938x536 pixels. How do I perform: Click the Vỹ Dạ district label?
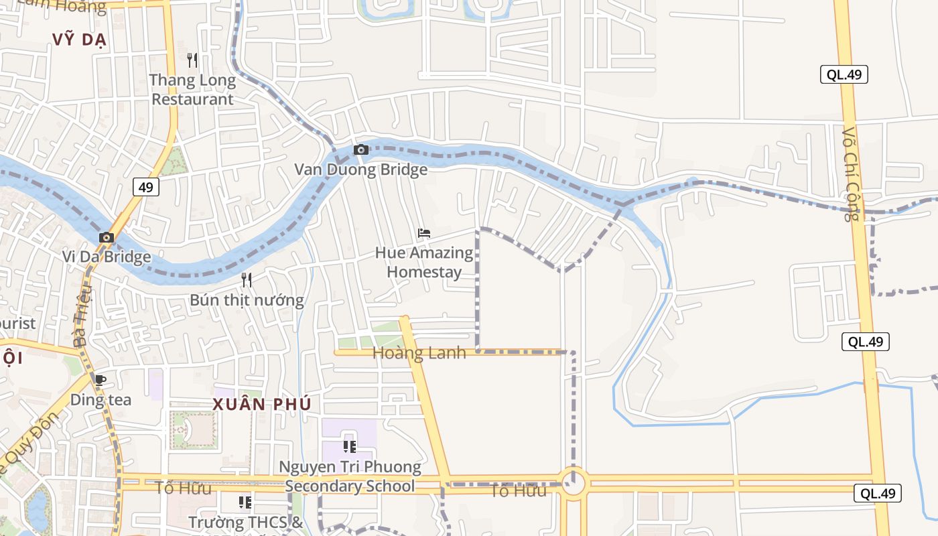pos(80,40)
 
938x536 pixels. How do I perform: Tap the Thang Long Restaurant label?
pos(192,90)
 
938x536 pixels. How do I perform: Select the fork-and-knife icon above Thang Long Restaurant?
pos(192,60)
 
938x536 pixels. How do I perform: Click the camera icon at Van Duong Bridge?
pos(361,149)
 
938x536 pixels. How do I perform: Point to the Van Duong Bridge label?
pos(361,170)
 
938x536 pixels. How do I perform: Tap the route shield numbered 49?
pos(145,187)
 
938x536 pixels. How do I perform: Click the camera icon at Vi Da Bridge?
pos(107,237)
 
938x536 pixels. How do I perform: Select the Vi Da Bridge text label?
pos(107,257)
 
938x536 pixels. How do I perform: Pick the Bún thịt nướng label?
pos(247,299)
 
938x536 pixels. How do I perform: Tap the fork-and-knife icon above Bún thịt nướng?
pos(247,279)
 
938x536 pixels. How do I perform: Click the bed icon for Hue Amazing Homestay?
pos(423,234)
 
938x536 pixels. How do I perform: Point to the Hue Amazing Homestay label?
pos(424,263)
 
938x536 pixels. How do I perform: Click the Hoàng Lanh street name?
pos(419,353)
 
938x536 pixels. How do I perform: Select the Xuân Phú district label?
pos(262,404)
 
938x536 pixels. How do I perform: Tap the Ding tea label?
pos(100,400)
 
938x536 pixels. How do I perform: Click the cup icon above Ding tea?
pos(100,381)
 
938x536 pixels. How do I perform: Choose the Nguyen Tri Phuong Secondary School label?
pos(350,476)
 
